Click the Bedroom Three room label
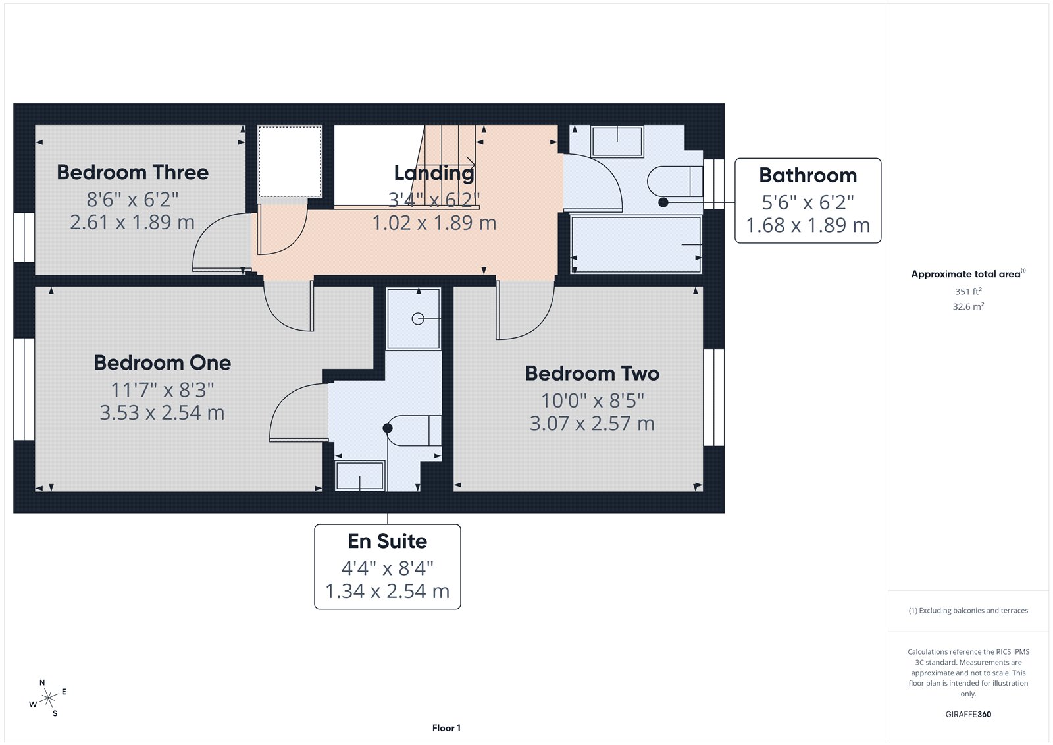(x=132, y=173)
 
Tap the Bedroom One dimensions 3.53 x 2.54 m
(x=162, y=413)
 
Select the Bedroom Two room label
(x=592, y=373)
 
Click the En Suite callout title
(x=387, y=541)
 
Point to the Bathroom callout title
(x=808, y=175)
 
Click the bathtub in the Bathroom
(x=636, y=244)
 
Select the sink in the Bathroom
(x=617, y=141)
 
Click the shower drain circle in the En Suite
(x=418, y=319)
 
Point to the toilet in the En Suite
(x=415, y=431)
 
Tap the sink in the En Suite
(x=359, y=476)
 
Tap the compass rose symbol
(x=48, y=698)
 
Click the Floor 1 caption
(x=446, y=728)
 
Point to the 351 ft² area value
(x=968, y=291)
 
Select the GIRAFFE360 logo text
(x=968, y=714)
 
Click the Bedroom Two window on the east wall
(x=713, y=397)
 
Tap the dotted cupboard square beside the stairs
(x=290, y=161)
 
